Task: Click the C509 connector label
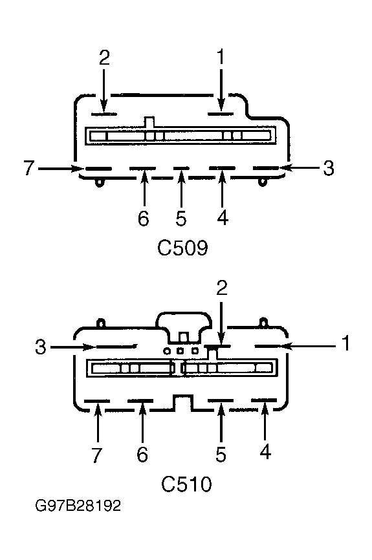(182, 248)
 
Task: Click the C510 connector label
(186, 484)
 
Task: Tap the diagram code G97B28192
(78, 506)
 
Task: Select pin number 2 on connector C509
(104, 58)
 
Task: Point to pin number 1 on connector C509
(221, 58)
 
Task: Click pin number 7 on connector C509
(29, 168)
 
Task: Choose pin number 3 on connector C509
(329, 168)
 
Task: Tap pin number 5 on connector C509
(181, 218)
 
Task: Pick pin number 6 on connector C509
(143, 218)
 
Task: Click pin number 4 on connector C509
(223, 217)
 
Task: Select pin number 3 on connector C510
(41, 347)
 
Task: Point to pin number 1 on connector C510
(345, 343)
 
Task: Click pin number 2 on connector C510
(222, 288)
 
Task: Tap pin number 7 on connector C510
(97, 455)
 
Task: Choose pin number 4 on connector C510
(265, 451)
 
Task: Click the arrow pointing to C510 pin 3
(72, 347)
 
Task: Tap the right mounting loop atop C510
(263, 322)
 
